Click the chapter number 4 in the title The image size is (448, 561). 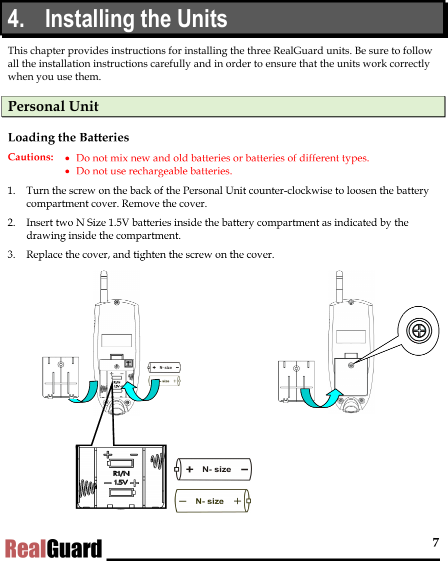(x=15, y=19)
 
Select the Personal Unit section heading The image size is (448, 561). (x=53, y=106)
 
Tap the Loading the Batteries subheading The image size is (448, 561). (x=68, y=137)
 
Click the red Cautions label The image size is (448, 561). (x=30, y=157)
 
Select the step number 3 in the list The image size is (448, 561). (x=11, y=255)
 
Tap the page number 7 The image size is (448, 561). (x=435, y=543)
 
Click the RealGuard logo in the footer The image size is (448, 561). (x=53, y=549)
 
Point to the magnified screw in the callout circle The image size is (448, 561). (x=418, y=331)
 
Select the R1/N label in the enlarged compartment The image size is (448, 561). (x=121, y=473)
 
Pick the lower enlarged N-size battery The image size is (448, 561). (x=212, y=501)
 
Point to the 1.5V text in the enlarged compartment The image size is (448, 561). (x=121, y=482)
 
